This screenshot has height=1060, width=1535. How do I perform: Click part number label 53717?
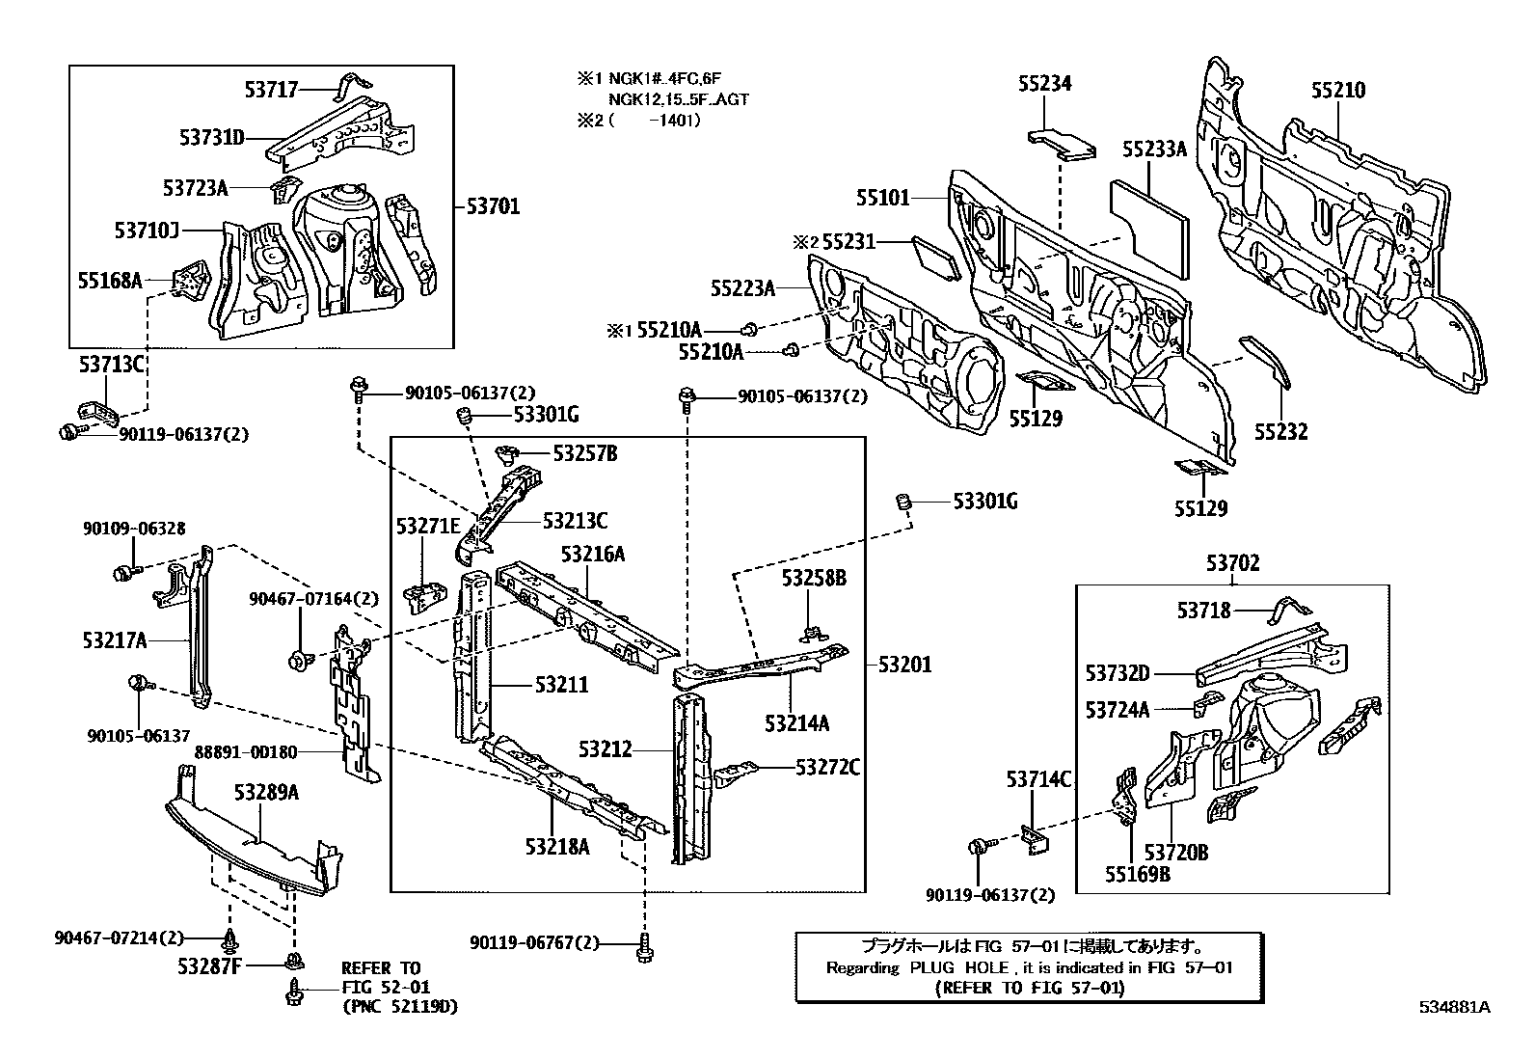271,90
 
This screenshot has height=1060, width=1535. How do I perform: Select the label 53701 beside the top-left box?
493,206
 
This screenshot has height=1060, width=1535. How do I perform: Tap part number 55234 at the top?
1044,84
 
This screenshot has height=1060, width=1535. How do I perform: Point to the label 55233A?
1154,149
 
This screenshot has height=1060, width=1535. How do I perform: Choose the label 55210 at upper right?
1337,91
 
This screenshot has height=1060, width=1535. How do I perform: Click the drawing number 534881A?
1454,1007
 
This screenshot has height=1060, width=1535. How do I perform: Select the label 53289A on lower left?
266,793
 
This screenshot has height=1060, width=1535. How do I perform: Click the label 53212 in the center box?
606,748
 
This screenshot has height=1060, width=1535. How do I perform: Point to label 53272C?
827,768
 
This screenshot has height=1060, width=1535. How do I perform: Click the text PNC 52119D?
400,1007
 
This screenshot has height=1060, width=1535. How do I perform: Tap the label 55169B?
1138,875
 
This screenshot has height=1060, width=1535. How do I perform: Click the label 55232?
1280,431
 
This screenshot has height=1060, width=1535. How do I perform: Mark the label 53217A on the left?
115,639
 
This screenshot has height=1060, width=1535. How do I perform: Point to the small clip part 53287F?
293,960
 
